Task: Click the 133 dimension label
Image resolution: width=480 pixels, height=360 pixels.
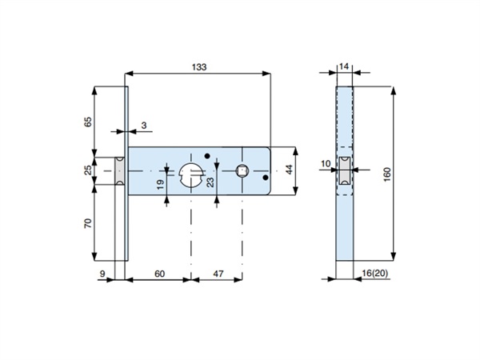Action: (199, 67)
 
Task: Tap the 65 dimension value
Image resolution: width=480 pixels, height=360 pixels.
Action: (88, 122)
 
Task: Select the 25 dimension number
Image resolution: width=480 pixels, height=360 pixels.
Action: (88, 170)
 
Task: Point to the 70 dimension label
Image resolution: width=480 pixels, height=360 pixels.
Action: (88, 223)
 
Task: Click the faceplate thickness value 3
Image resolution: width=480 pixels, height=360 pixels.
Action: (144, 126)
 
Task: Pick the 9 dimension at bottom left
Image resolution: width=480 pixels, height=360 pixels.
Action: (102, 274)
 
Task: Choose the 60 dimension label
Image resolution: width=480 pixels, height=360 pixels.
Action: (159, 274)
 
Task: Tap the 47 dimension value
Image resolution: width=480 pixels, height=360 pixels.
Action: (218, 274)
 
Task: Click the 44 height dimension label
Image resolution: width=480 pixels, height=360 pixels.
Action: (290, 170)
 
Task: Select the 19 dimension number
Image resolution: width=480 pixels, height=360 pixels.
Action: (160, 184)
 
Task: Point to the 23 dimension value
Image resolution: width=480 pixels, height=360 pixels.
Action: (210, 182)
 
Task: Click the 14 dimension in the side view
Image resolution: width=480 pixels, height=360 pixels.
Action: (344, 66)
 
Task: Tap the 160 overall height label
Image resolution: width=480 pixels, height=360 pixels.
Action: (387, 174)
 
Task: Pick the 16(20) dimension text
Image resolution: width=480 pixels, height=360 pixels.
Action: (374, 273)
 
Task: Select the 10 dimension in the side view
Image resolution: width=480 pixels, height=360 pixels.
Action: (326, 164)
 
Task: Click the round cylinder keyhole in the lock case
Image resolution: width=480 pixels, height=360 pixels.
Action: (191, 175)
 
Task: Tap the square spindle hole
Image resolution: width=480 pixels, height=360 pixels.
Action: (242, 170)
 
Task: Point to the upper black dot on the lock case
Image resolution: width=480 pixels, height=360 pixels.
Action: (207, 156)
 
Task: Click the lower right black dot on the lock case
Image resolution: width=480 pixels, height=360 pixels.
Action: (266, 178)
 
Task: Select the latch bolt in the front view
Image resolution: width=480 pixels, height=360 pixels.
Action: (120, 171)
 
